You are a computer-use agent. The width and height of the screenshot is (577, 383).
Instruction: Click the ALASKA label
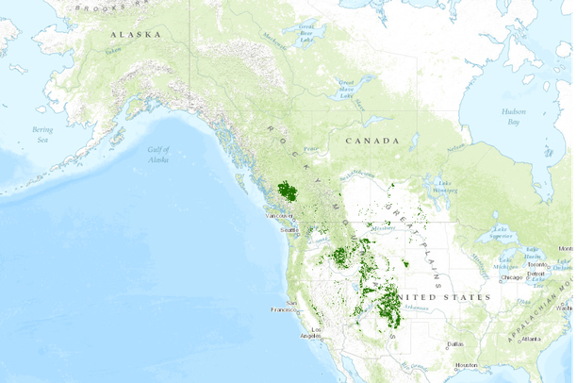tap(135, 34)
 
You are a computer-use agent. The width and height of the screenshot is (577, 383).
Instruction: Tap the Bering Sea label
tap(42, 133)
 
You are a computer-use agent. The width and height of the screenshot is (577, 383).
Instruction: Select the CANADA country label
tap(371, 140)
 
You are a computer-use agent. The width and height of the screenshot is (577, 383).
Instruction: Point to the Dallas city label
tap(456, 343)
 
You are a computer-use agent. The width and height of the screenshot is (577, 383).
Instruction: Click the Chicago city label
tap(511, 277)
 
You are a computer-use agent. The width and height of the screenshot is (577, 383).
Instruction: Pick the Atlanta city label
tap(533, 338)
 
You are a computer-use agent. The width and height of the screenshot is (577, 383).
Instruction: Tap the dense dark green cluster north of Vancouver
tap(288, 192)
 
